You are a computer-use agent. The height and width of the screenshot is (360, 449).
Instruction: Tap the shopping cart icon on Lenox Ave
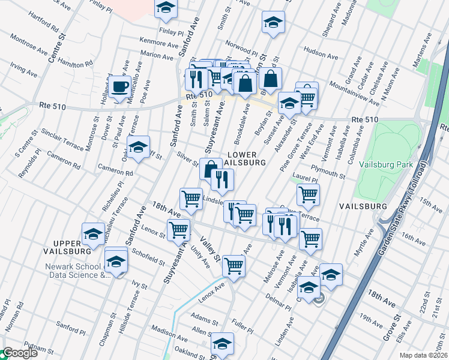(234, 265)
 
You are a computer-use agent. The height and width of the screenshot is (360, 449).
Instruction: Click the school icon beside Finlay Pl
(166, 8)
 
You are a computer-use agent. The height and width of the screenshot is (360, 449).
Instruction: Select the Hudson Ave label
(317, 52)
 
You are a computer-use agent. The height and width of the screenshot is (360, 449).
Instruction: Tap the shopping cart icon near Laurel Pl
(308, 194)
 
